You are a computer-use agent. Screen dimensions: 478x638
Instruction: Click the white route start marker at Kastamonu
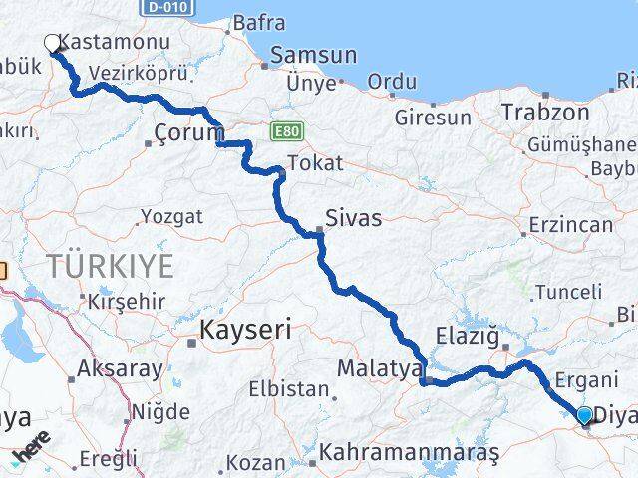point(53,43)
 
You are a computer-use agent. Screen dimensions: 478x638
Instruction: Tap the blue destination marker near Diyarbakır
point(585,414)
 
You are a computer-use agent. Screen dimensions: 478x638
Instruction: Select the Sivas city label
point(354,218)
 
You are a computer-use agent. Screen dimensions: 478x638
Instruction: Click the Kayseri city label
point(245,331)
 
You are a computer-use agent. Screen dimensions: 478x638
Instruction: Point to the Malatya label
point(380,368)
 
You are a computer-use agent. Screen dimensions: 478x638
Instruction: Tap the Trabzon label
point(544,112)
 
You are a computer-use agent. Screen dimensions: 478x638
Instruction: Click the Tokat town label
point(314,163)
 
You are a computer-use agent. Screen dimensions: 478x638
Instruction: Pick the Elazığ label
point(468,336)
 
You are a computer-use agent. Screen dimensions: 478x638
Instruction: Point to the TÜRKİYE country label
point(111,266)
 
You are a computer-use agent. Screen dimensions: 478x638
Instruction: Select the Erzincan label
point(571,225)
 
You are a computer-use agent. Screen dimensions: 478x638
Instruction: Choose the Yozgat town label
point(171,216)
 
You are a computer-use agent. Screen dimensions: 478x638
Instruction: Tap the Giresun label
point(433,118)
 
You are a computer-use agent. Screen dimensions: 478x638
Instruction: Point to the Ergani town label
point(586,379)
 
